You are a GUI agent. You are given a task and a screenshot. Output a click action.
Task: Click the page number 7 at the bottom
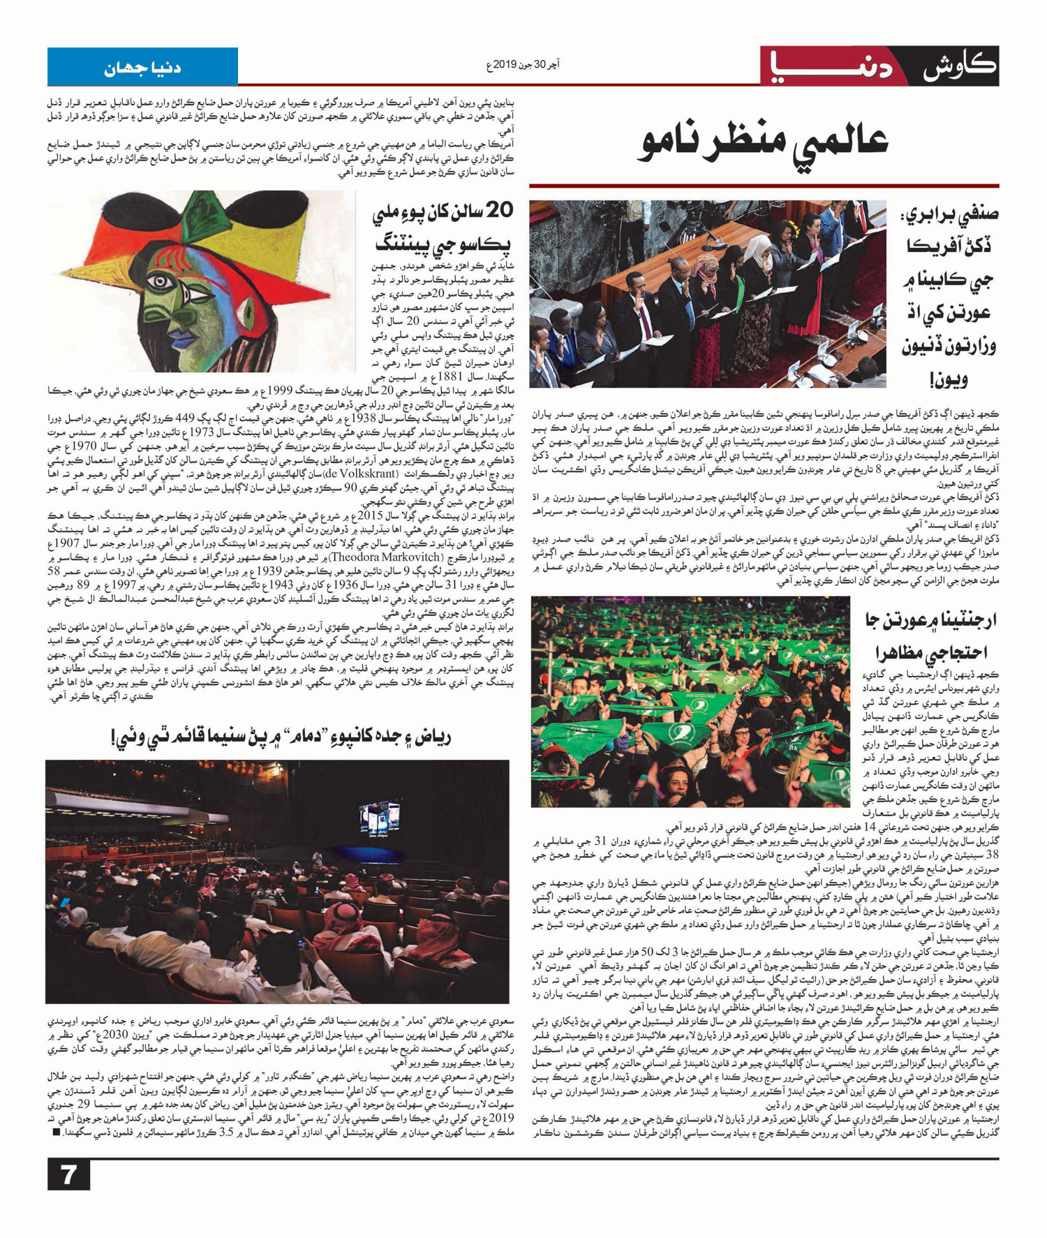[68, 1174]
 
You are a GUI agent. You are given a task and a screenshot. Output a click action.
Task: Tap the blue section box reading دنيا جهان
[142, 68]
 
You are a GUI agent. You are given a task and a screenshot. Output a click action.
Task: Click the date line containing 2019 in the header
[523, 65]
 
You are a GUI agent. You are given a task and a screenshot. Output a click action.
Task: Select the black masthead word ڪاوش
[959, 68]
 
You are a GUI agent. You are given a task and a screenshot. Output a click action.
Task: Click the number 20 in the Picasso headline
[497, 210]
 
